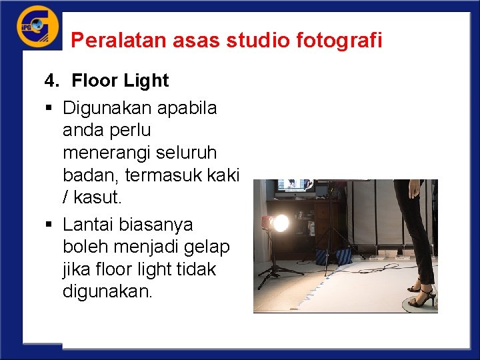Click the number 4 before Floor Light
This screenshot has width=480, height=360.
(x=49, y=81)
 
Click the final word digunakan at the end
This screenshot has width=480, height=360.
(x=107, y=292)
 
